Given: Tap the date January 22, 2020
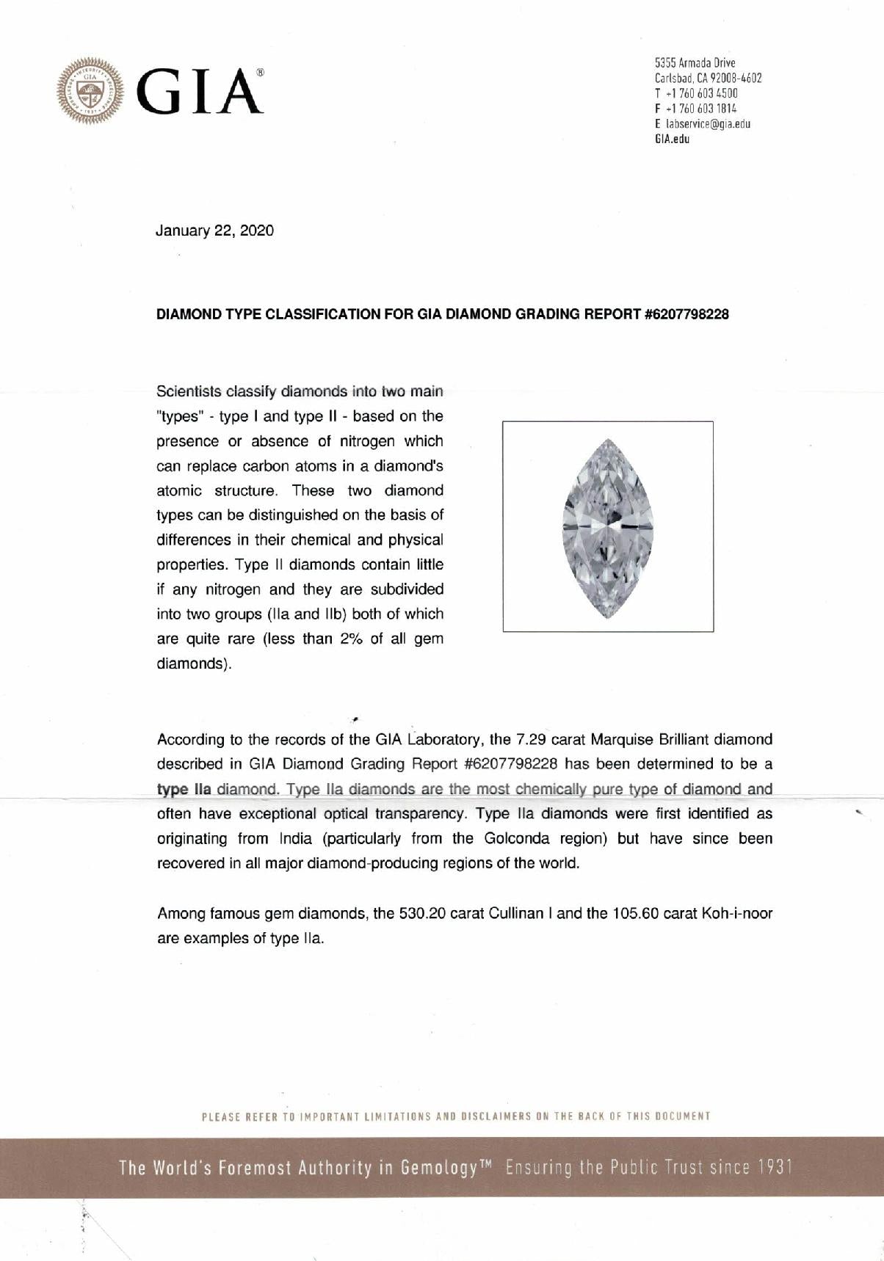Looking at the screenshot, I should tap(214, 230).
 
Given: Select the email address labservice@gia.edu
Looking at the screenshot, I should tap(707, 124).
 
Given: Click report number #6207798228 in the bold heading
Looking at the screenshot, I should tap(686, 314).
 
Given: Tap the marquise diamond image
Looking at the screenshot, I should tap(607, 527).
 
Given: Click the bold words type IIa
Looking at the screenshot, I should tap(184, 789).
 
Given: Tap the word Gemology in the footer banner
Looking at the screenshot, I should tap(440, 1167).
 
